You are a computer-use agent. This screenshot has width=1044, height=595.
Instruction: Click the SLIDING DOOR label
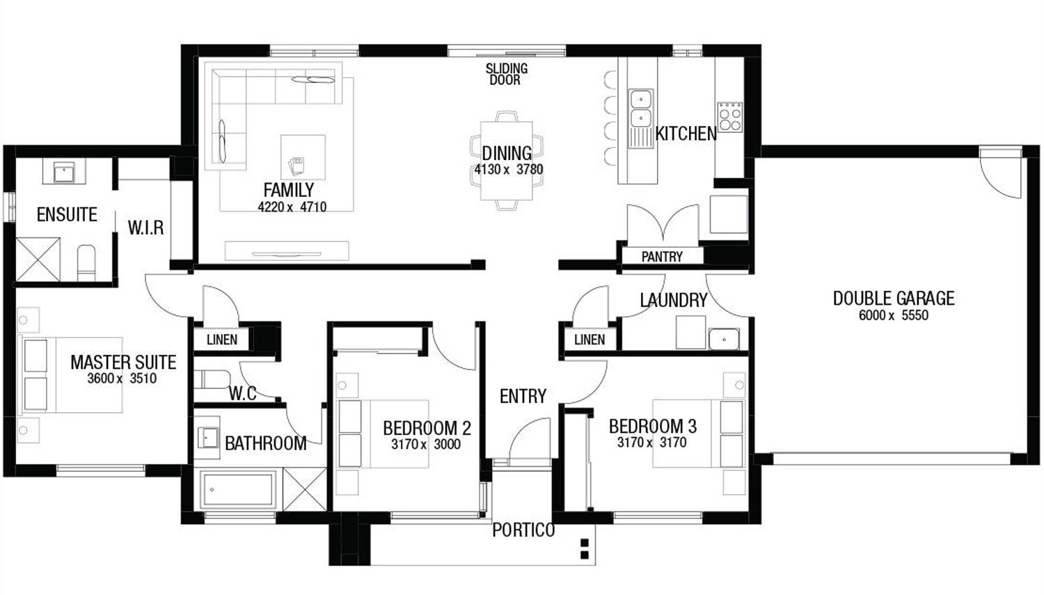click(507, 74)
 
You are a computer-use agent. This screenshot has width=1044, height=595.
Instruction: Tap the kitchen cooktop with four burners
click(730, 117)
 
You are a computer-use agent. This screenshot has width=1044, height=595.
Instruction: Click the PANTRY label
click(662, 257)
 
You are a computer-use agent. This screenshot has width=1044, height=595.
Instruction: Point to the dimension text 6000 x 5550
click(894, 315)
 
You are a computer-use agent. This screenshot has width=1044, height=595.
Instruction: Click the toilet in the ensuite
click(86, 262)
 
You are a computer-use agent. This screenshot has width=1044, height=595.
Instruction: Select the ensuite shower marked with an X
click(38, 259)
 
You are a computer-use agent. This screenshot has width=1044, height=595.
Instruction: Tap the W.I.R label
click(146, 228)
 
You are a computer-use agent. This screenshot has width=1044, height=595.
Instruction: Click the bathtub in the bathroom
click(238, 490)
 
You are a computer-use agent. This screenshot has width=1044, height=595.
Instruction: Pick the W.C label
click(242, 394)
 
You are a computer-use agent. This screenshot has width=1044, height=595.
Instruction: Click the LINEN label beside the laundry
click(590, 340)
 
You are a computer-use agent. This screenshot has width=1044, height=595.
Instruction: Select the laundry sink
click(724, 339)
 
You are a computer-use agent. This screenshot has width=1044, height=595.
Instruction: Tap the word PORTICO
click(523, 530)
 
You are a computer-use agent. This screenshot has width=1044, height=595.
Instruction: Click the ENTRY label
click(523, 397)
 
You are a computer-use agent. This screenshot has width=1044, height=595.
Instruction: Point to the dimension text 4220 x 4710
click(292, 207)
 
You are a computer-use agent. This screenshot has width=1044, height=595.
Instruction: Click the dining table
click(507, 161)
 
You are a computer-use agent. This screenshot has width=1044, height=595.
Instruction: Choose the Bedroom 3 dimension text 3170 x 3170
click(652, 442)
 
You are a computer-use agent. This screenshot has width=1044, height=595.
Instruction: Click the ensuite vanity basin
click(63, 173)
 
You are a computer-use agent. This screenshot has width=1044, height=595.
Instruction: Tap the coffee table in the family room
click(303, 157)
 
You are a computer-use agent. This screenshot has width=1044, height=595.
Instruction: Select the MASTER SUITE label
click(123, 363)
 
